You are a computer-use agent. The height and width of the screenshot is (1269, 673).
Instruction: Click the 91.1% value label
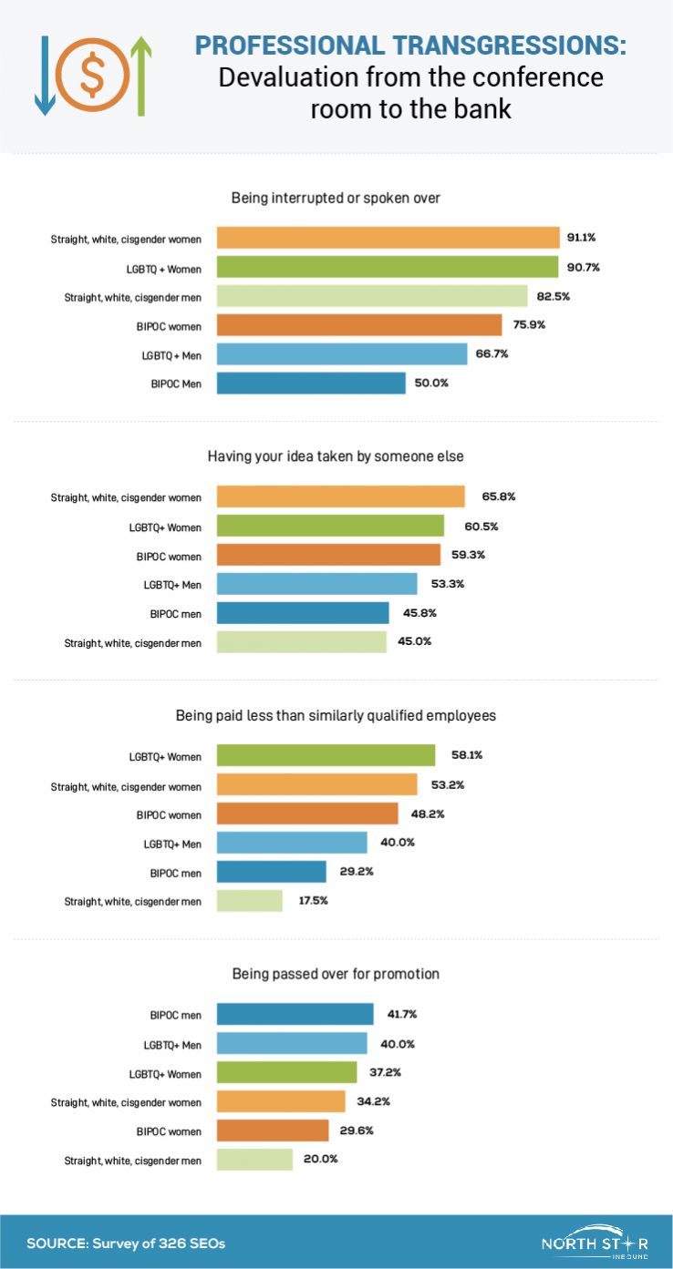click(582, 237)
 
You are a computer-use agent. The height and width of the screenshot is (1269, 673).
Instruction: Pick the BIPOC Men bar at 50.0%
click(311, 383)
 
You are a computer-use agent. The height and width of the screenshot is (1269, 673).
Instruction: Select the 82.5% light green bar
click(372, 296)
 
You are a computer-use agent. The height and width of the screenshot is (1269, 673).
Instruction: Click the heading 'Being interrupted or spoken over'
click(336, 197)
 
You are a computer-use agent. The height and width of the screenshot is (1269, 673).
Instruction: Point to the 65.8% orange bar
click(340, 496)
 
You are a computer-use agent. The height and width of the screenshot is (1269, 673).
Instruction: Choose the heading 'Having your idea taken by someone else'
click(336, 456)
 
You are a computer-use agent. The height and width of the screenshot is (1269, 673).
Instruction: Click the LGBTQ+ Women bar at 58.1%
click(326, 755)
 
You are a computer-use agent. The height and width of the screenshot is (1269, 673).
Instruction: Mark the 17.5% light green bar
click(250, 901)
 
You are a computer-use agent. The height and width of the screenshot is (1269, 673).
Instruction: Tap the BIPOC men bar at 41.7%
click(295, 1014)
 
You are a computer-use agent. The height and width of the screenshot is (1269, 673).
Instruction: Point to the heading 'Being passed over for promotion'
click(336, 974)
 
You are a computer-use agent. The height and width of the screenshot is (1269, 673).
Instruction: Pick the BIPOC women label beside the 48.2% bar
click(176, 814)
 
